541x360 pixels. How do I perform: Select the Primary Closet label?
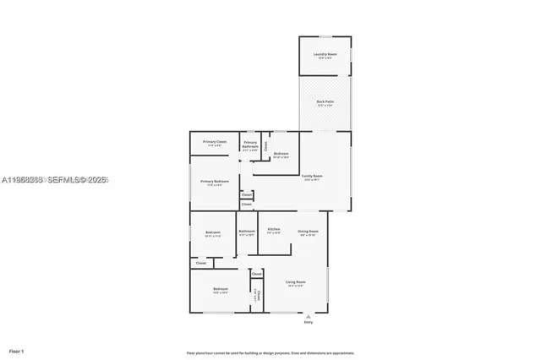214,143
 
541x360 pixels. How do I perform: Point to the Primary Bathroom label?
250,145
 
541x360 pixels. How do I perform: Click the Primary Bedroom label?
214,183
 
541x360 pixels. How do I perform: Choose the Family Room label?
312,177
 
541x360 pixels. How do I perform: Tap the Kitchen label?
274,230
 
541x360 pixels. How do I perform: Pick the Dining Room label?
308,232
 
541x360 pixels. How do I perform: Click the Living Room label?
295,282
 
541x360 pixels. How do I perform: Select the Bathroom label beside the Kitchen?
247,232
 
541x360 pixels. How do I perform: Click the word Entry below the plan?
308,323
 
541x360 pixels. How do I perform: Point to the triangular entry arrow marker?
308,316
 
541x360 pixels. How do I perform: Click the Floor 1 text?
16,350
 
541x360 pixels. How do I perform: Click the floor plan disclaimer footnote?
270,352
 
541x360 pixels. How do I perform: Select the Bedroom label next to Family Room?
281,155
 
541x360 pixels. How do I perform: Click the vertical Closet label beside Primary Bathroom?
265,145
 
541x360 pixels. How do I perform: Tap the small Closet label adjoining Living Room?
256,274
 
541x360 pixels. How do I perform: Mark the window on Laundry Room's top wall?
325,36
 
